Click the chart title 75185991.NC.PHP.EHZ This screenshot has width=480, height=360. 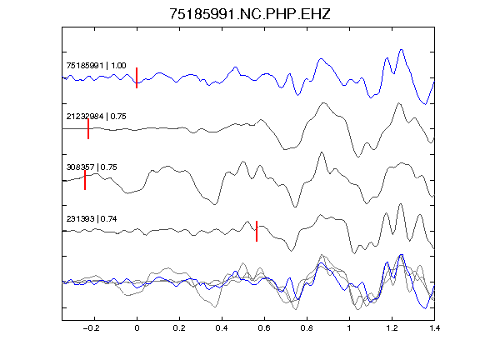pyautogui.click(x=250, y=14)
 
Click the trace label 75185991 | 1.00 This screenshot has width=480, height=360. pyautogui.click(x=96, y=66)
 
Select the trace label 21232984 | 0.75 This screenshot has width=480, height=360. pyautogui.click(x=96, y=117)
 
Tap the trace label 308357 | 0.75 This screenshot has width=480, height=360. pyautogui.click(x=92, y=167)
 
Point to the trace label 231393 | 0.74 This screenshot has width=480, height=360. pyautogui.click(x=92, y=219)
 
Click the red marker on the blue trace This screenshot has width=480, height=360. pyautogui.click(x=137, y=77)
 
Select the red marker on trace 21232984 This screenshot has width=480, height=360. pyautogui.click(x=88, y=129)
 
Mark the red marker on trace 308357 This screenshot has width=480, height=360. pyautogui.click(x=85, y=180)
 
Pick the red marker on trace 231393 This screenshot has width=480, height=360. pyautogui.click(x=257, y=231)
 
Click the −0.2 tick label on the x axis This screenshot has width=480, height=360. pyautogui.click(x=92, y=328)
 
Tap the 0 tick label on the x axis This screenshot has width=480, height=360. pyautogui.click(x=137, y=328)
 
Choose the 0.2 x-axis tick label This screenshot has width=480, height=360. pyautogui.click(x=179, y=328)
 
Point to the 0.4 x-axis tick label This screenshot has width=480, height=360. pyautogui.click(x=222, y=328)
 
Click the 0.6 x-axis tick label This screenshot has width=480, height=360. pyautogui.click(x=264, y=328)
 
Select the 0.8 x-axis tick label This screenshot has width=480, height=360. pyautogui.click(x=307, y=328)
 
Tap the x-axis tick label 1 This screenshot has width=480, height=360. pyautogui.click(x=349, y=328)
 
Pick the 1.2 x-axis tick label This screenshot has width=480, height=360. pyautogui.click(x=392, y=328)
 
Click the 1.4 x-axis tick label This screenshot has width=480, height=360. pyautogui.click(x=434, y=328)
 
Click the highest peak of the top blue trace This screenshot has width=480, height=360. pyautogui.click(x=402, y=49)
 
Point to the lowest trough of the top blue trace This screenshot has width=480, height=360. pyautogui.click(x=425, y=104)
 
